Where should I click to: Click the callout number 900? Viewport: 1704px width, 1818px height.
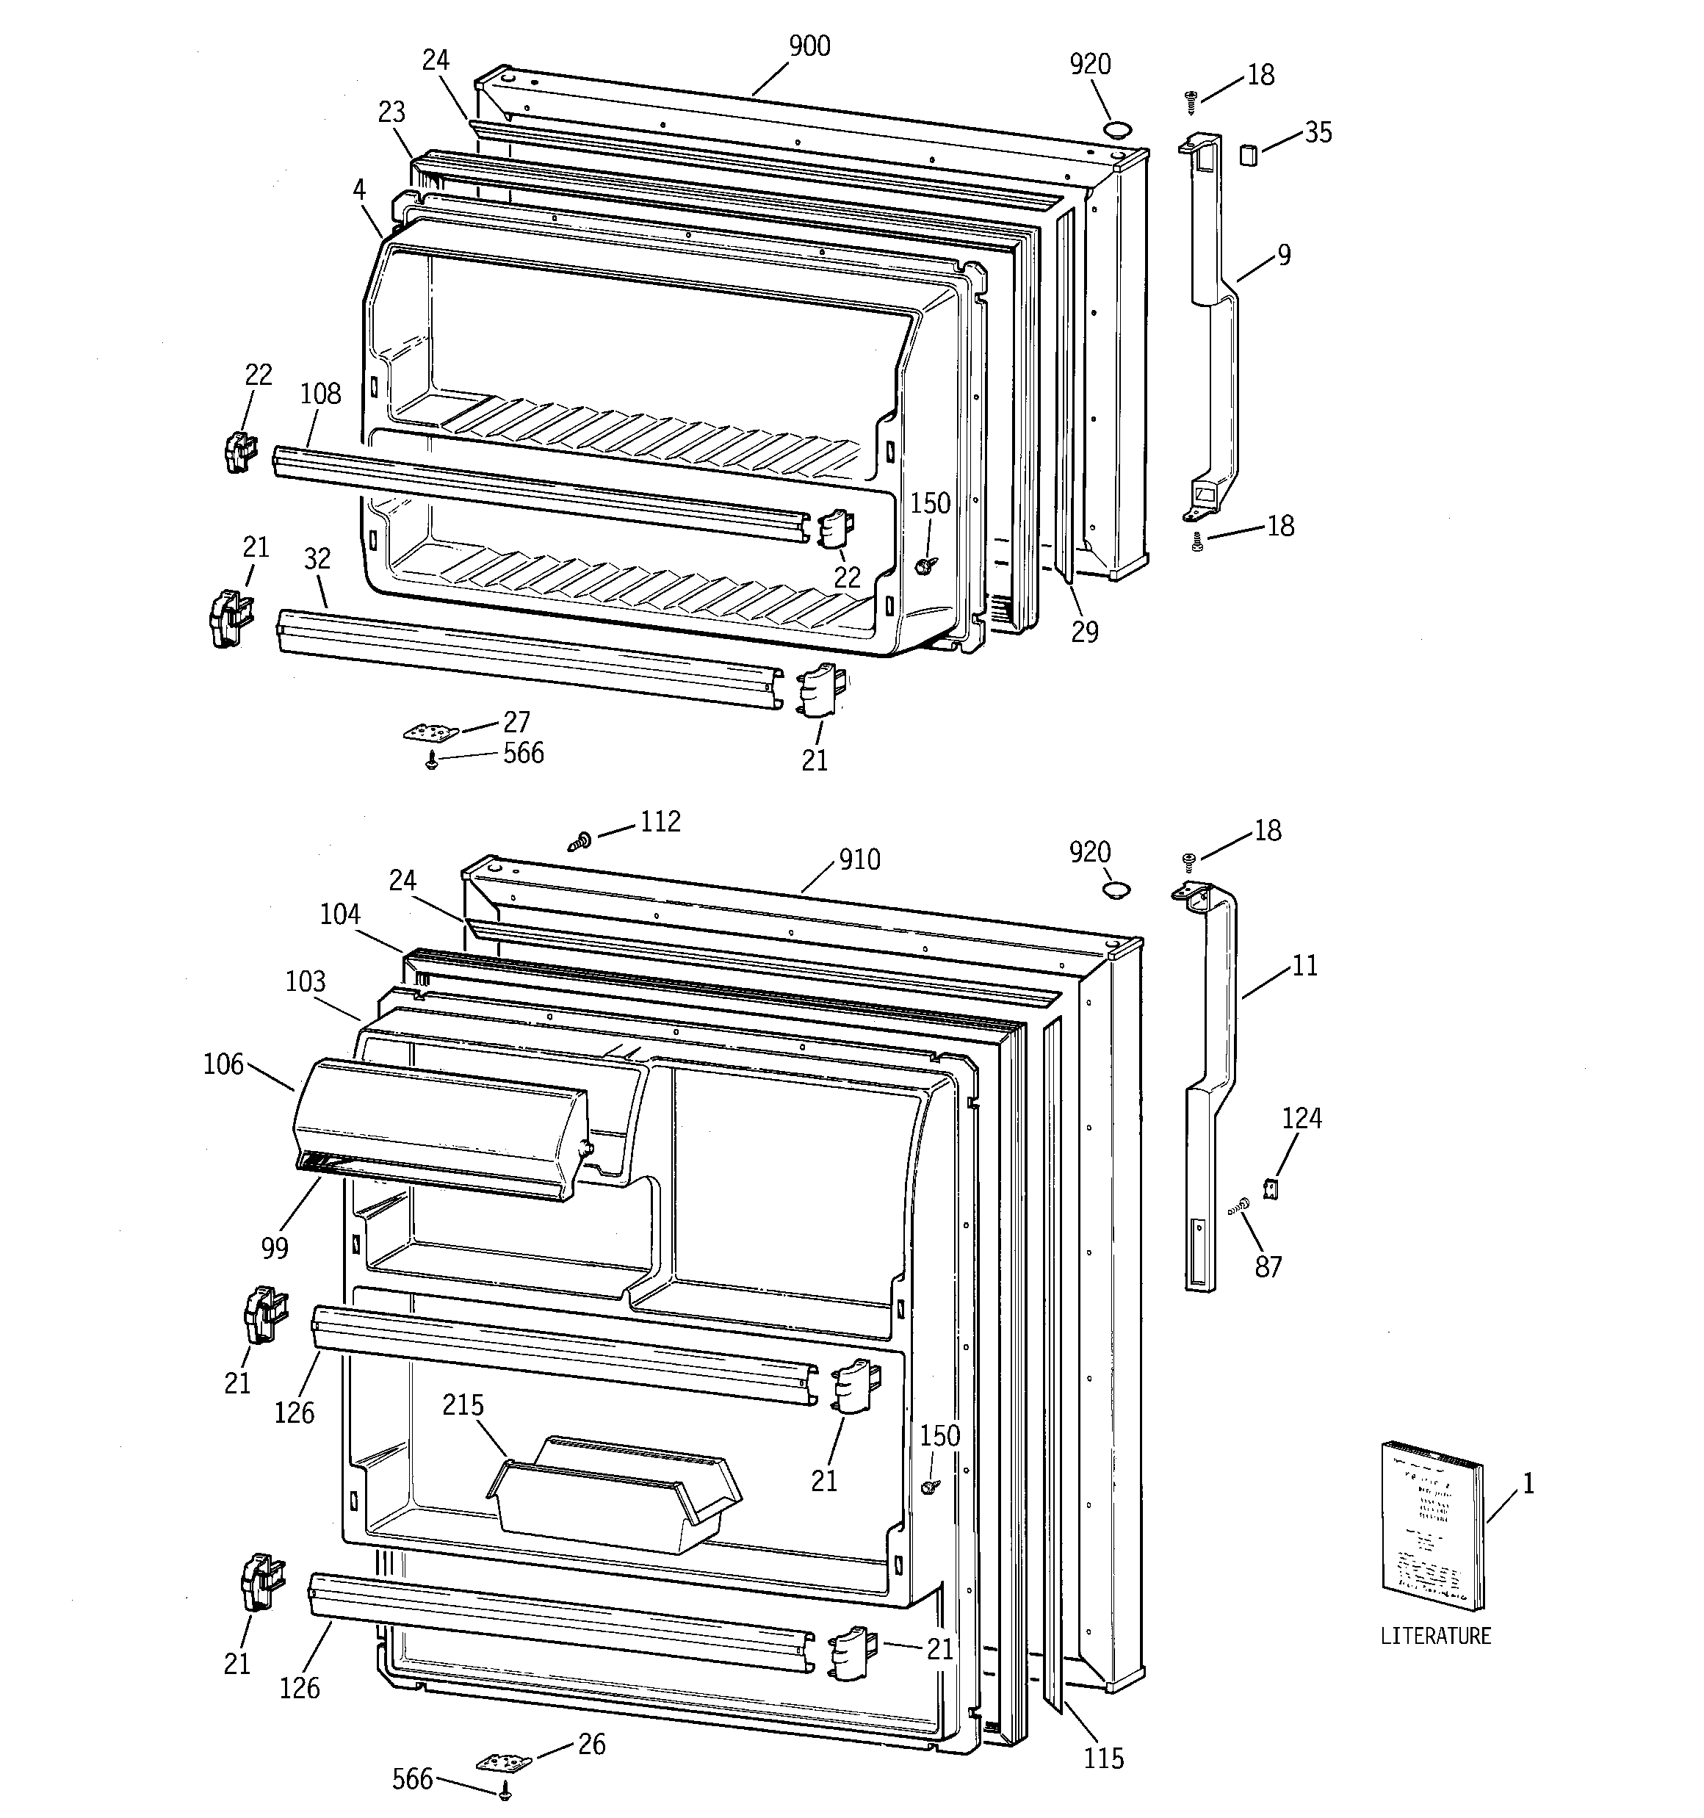click(x=809, y=46)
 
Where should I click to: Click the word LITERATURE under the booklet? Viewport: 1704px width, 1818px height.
click(x=1434, y=1636)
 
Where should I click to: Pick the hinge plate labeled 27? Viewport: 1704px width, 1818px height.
click(x=429, y=733)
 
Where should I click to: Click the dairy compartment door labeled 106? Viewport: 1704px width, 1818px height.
click(x=439, y=1127)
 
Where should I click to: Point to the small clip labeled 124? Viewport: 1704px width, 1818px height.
click(x=1268, y=1188)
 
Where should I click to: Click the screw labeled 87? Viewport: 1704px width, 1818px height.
click(x=1241, y=1206)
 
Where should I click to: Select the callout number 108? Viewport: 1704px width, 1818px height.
click(x=320, y=394)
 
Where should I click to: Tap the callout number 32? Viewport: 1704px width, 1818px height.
click(x=317, y=559)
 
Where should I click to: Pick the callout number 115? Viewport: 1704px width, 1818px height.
click(x=1103, y=1758)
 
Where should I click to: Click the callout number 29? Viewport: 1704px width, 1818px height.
click(x=1085, y=631)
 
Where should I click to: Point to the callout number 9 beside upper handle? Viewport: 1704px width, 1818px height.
click(x=1284, y=255)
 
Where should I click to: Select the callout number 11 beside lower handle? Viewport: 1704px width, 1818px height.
click(x=1304, y=966)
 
